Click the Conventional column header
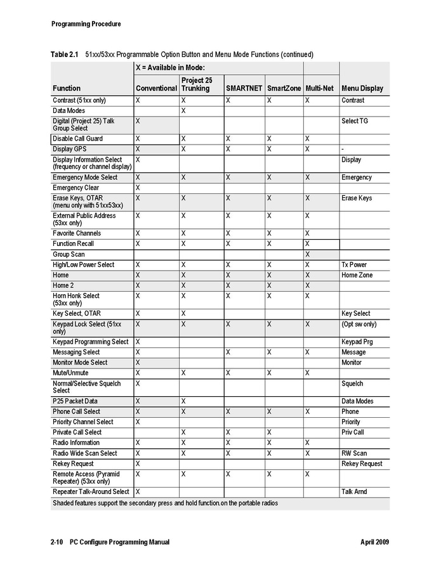click(x=156, y=88)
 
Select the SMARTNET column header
click(x=244, y=88)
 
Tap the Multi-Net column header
click(x=319, y=88)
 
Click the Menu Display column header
click(x=362, y=88)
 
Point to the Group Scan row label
click(x=69, y=254)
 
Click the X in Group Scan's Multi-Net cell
click(x=307, y=254)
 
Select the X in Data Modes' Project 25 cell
click(x=183, y=111)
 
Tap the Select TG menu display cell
click(x=354, y=121)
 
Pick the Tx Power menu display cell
click(x=354, y=265)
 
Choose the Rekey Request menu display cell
click(x=362, y=463)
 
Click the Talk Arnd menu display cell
click(x=354, y=491)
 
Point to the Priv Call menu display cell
click(x=353, y=432)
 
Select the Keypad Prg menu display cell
click(x=357, y=342)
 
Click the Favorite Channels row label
click(x=77, y=233)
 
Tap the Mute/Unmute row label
click(x=70, y=373)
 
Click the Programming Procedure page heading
click(x=86, y=24)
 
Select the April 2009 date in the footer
click(x=374, y=542)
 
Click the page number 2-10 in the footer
click(x=56, y=542)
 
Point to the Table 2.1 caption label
click(x=64, y=55)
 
